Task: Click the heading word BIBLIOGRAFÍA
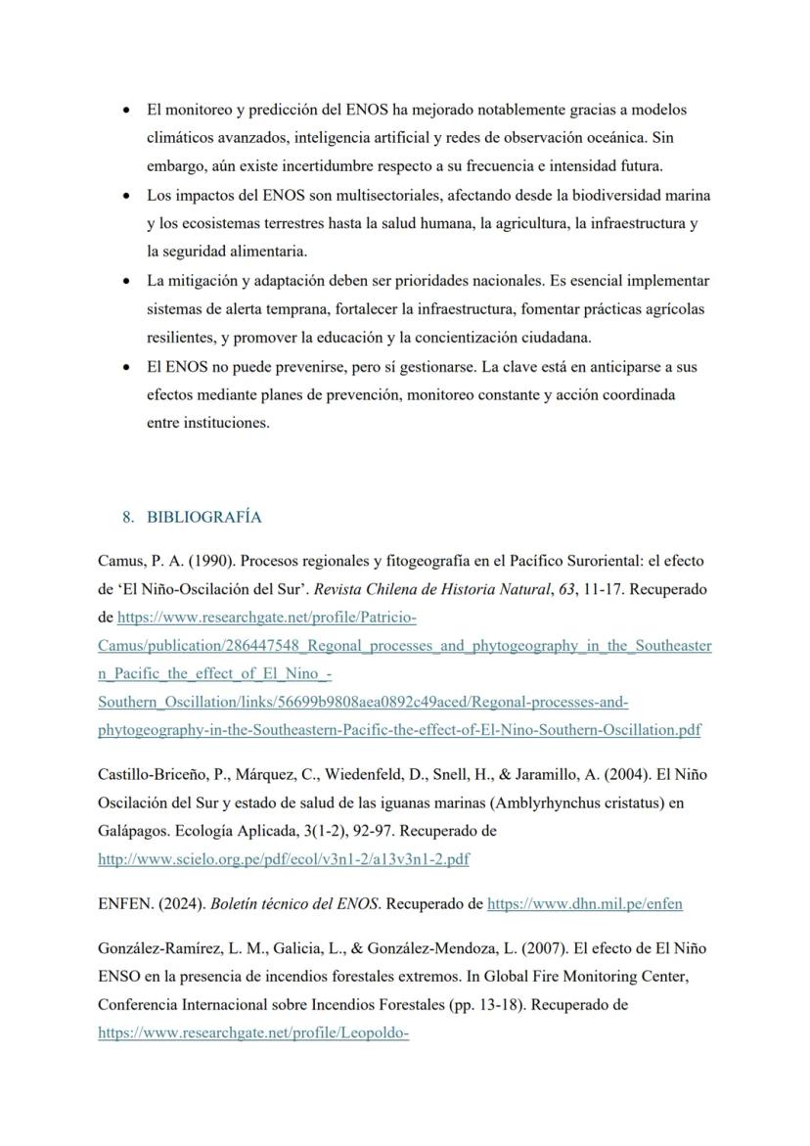[x=204, y=517]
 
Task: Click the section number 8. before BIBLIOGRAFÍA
[x=128, y=517]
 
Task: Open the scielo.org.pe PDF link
[x=283, y=859]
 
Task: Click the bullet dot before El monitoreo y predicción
[x=126, y=110]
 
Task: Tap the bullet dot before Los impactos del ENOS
[x=126, y=195]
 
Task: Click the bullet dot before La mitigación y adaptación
[x=126, y=281]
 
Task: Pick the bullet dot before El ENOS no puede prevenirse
[x=126, y=367]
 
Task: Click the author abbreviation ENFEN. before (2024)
[x=122, y=904]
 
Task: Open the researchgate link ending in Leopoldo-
[x=252, y=1032]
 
